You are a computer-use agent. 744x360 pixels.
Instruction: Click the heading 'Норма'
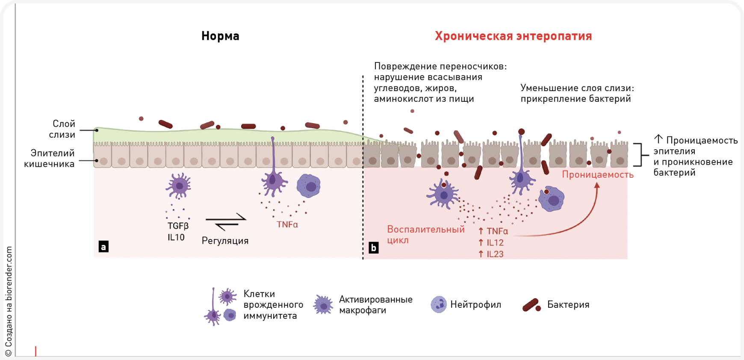[220, 36]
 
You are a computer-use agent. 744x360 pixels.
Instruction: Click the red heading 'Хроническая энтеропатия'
[513, 36]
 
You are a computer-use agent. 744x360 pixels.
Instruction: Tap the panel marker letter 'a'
[103, 247]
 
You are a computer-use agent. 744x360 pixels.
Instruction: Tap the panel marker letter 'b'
[373, 248]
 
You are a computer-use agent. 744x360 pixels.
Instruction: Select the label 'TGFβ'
[178, 226]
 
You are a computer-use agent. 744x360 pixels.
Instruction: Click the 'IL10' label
[176, 237]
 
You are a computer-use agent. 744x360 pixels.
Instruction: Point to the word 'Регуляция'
[225, 241]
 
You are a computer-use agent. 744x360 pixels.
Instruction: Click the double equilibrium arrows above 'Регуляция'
[226, 222]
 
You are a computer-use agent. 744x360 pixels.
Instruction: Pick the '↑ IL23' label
[491, 254]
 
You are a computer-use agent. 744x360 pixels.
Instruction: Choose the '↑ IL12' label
[491, 242]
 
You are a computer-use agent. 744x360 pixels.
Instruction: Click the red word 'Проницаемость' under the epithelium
[597, 174]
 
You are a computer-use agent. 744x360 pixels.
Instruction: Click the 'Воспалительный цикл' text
[425, 234]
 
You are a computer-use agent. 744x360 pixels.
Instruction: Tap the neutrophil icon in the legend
[438, 304]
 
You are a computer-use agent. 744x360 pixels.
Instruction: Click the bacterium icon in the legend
[531, 305]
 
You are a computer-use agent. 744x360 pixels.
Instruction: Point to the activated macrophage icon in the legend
[323, 305]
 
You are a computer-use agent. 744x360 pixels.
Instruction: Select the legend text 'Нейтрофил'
[475, 305]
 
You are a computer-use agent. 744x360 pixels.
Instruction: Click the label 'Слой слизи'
[62, 129]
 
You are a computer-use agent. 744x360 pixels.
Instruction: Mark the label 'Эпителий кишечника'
[50, 158]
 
